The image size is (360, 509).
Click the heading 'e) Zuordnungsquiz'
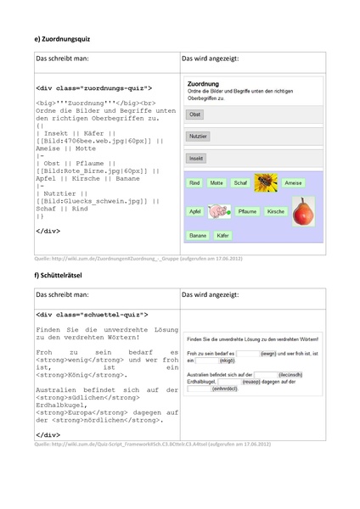(62, 39)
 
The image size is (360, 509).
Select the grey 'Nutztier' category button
(198, 136)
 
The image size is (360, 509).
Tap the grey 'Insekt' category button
(196, 158)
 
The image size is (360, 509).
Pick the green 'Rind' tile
(194, 182)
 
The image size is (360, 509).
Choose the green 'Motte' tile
(217, 182)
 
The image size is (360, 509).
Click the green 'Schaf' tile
(240, 182)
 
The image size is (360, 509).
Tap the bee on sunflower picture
(265, 182)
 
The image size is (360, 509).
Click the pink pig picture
(218, 210)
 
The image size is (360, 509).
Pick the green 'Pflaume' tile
(247, 210)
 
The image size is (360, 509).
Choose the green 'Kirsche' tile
(276, 210)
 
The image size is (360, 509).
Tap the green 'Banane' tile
(198, 235)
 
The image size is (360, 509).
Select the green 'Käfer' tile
(222, 235)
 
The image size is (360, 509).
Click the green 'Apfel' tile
(195, 210)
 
